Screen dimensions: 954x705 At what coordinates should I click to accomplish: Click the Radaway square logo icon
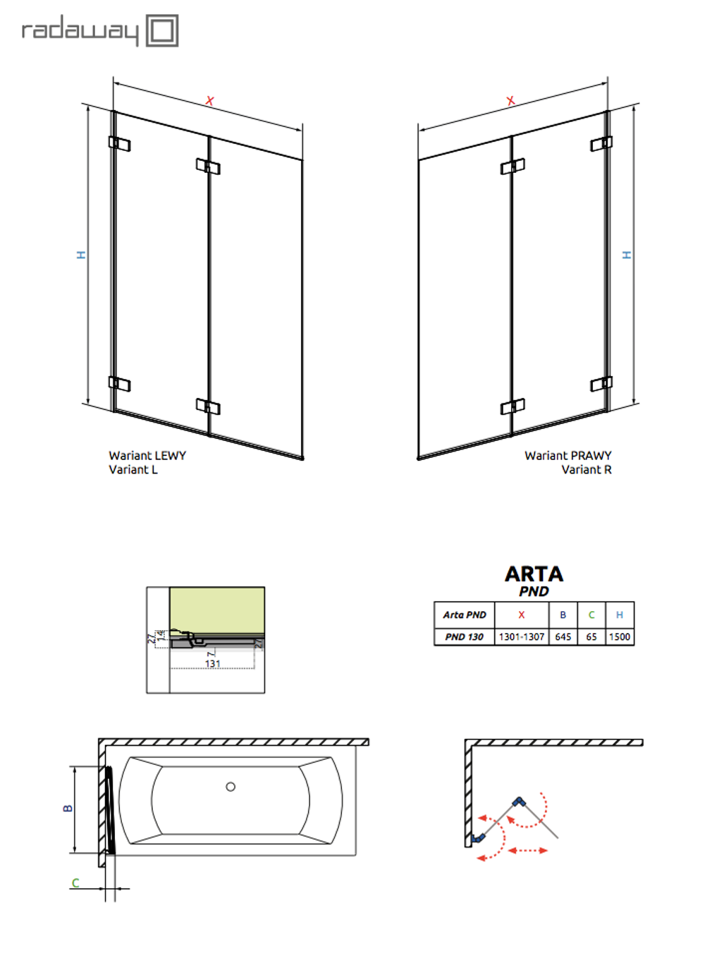coord(162,30)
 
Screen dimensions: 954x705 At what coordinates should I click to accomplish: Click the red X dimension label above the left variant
coord(209,101)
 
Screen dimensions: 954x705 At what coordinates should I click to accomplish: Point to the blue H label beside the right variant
coord(626,255)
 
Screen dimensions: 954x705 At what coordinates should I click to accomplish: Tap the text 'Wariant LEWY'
coord(147,456)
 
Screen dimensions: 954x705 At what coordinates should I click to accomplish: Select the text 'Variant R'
coord(586,470)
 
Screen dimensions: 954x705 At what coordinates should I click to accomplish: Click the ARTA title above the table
coord(534,574)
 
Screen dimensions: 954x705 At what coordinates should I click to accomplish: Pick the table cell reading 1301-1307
coord(522,636)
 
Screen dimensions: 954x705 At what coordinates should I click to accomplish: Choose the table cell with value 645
coord(563,636)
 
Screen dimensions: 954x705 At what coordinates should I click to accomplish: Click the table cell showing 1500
coord(620,636)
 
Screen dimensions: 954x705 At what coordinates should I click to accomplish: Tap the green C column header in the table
coord(591,615)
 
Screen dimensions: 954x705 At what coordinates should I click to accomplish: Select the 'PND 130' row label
coord(464,636)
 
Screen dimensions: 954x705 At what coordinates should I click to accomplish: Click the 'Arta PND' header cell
coord(464,615)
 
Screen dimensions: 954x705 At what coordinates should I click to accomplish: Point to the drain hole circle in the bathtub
coord(231,787)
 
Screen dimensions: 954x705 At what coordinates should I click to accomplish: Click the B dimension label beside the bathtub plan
coord(68,809)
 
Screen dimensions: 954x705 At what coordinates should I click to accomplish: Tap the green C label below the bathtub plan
coord(75,883)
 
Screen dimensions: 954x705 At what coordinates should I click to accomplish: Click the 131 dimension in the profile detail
coord(213,663)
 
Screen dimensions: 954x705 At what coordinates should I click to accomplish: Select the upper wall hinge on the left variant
coord(119,143)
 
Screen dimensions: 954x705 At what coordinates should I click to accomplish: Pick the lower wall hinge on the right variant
coord(601,383)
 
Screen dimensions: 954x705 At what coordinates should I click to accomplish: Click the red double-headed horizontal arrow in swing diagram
coord(527,850)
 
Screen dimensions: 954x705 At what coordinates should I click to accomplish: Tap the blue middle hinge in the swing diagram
coord(520,802)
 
